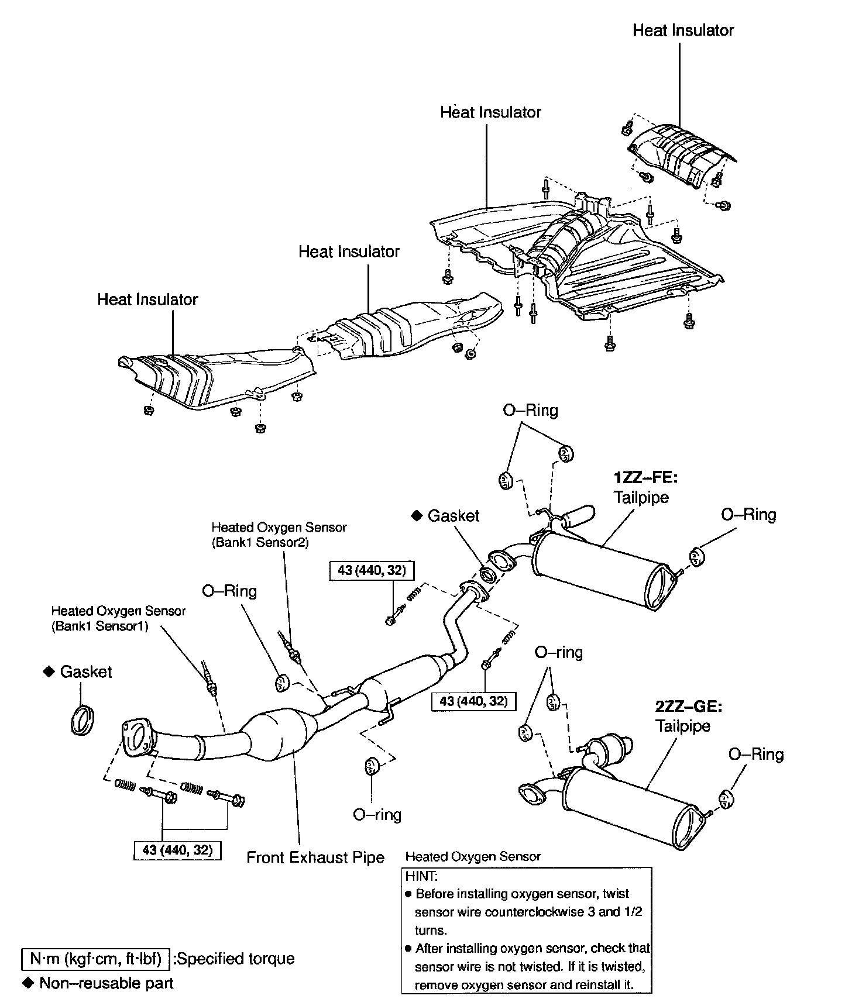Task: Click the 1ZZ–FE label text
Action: tap(645, 478)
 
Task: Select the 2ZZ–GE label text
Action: tap(689, 707)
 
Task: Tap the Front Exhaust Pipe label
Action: tap(315, 857)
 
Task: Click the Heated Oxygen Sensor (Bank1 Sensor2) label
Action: tap(279, 535)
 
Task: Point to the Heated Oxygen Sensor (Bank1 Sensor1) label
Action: tap(118, 618)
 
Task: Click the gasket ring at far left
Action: tap(83, 721)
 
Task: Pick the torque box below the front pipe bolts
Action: tap(177, 850)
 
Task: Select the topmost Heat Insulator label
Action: tap(683, 30)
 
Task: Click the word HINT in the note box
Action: tap(421, 876)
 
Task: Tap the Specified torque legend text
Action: tap(235, 959)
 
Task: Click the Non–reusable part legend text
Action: tap(106, 983)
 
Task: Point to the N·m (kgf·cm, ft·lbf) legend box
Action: tap(95, 959)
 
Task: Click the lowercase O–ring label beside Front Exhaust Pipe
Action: tap(377, 814)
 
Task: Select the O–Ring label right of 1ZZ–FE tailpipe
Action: tap(748, 515)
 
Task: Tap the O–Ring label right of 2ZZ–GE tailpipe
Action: tap(755, 755)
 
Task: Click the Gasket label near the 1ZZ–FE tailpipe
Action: tap(453, 516)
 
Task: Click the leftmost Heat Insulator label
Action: tap(147, 299)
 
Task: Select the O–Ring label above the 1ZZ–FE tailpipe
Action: tap(530, 410)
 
